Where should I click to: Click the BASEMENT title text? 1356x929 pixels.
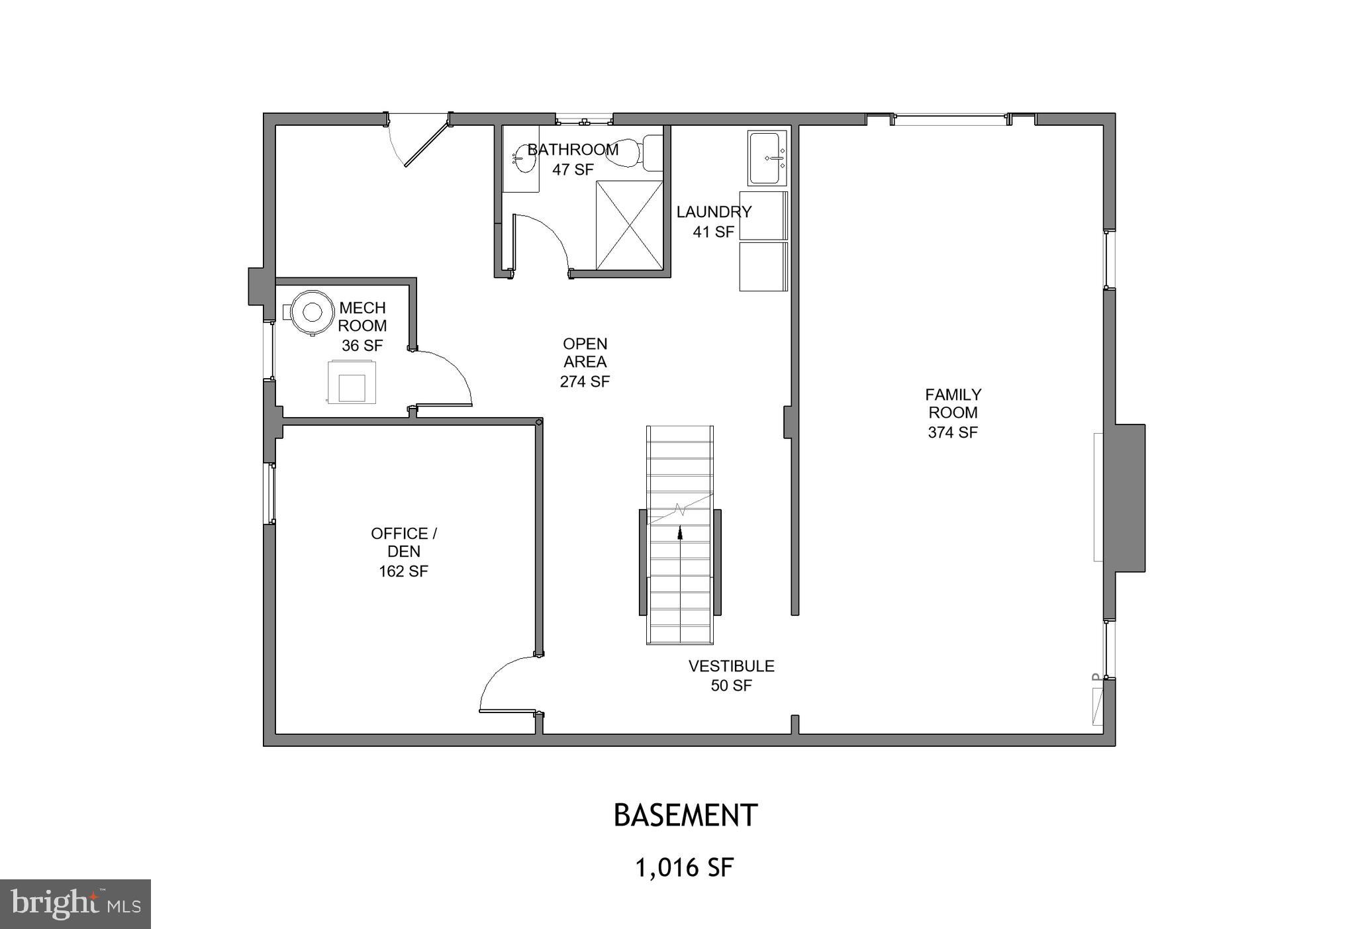[x=685, y=816]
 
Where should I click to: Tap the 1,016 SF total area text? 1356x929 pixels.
[x=685, y=867]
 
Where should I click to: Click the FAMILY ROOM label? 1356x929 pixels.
[x=953, y=404]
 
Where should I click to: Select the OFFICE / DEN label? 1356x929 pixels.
[x=403, y=542]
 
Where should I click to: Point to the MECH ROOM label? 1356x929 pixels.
[x=362, y=317]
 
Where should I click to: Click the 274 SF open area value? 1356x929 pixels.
[x=585, y=382]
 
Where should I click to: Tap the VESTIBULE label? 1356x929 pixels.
[x=731, y=666]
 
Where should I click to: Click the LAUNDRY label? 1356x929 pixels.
[x=713, y=213]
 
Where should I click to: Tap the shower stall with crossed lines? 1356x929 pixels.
[x=629, y=225]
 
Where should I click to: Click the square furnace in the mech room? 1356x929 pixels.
[x=352, y=382]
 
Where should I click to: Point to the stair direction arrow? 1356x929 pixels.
[x=679, y=532]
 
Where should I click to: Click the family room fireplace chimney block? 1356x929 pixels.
[x=1129, y=498]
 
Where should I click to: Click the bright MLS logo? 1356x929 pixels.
[x=75, y=904]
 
